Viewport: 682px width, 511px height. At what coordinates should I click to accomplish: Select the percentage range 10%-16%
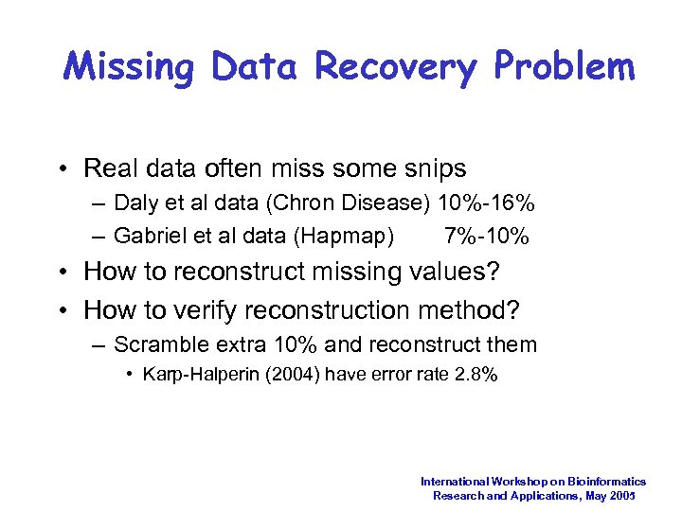(x=487, y=203)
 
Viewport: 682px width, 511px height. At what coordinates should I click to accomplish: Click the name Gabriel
(x=152, y=235)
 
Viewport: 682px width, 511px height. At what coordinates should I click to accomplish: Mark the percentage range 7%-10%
(x=486, y=235)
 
